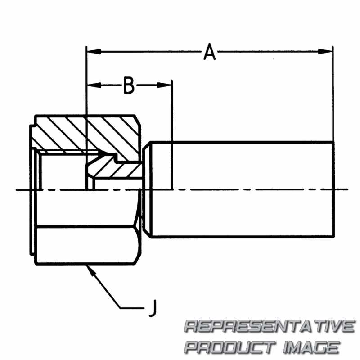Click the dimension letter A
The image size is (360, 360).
[x=210, y=52]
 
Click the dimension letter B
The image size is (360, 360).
[x=129, y=85]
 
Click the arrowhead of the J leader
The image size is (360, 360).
[x=89, y=269]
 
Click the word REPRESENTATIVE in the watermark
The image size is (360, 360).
[x=270, y=326]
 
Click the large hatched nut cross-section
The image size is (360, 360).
[x=90, y=133]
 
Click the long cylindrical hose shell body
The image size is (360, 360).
[x=243, y=189]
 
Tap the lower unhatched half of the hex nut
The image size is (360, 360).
[x=85, y=245]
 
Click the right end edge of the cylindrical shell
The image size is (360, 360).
[x=334, y=189]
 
